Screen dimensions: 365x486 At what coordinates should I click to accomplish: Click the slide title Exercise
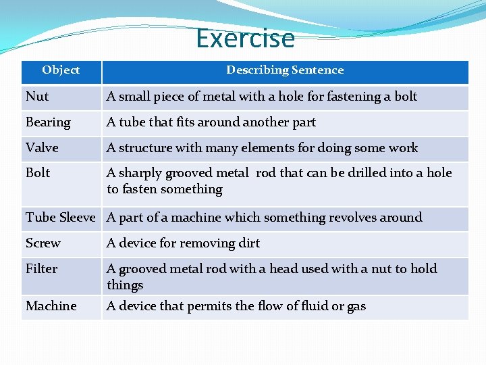pos(245,39)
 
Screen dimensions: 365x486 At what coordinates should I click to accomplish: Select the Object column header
pos(61,70)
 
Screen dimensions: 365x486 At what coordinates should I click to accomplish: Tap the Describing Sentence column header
pos(285,70)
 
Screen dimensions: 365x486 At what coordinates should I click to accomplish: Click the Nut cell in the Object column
pos(37,96)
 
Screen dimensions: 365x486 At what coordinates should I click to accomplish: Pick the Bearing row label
pos(48,122)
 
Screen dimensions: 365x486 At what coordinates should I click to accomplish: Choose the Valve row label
pos(42,147)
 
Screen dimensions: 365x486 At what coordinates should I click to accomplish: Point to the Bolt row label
pos(38,172)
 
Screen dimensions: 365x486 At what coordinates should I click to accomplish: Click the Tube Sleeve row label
pos(61,217)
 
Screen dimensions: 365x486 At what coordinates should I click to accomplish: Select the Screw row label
pos(43,243)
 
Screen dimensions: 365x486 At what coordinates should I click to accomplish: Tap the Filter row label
pos(41,268)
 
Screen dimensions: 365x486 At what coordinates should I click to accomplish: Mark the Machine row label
pos(51,306)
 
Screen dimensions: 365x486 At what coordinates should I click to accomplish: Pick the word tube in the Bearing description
pos(132,122)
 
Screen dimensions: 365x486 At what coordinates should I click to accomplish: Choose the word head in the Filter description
pos(283,268)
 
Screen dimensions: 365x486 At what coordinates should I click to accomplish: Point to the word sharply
pos(141,173)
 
